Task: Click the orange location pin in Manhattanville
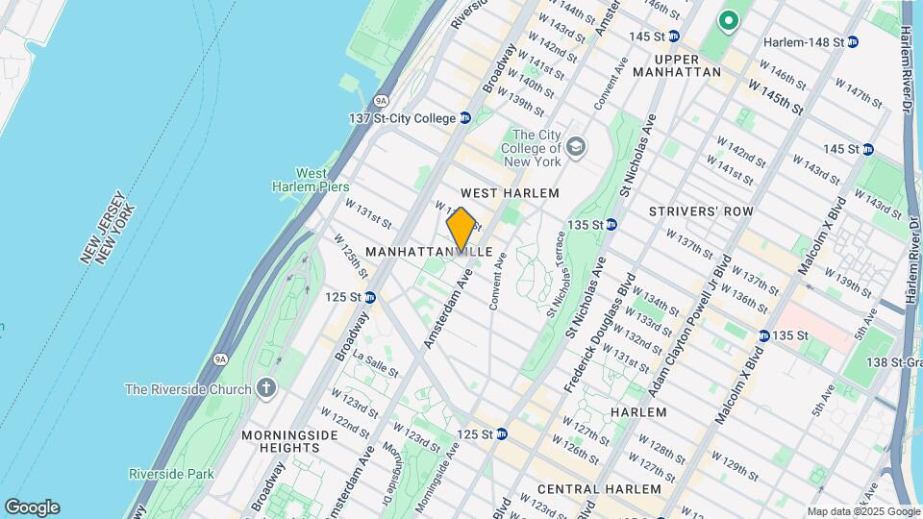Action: [x=461, y=230]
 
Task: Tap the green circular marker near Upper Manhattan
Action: [x=729, y=19]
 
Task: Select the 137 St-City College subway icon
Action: [x=465, y=118]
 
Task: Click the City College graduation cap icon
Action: [x=575, y=148]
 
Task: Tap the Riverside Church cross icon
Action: [x=265, y=388]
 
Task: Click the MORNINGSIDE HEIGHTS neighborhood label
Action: [x=280, y=441]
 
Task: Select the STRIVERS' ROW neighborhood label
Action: [x=700, y=211]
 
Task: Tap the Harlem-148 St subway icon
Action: [x=853, y=42]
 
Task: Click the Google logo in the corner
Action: [x=32, y=507]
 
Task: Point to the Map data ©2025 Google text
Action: [x=862, y=511]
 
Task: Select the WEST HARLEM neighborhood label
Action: [x=510, y=193]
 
